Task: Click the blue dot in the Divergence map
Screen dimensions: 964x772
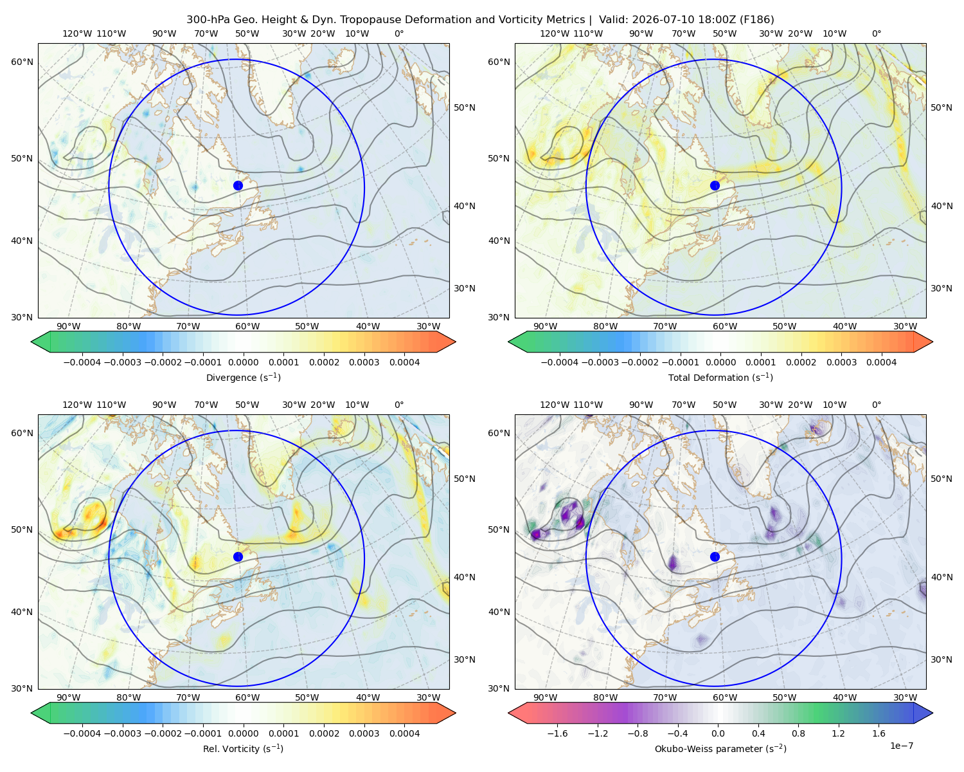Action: (x=238, y=186)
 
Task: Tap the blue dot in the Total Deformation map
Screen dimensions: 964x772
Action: (x=715, y=186)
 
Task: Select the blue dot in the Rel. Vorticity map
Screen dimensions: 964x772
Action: (x=238, y=556)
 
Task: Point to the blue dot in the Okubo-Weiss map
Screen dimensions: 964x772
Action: (x=715, y=556)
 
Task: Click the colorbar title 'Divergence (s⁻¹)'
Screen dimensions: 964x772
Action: (x=243, y=378)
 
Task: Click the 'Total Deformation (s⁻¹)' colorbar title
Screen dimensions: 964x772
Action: (x=720, y=378)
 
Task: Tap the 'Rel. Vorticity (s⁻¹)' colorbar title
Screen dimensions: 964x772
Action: (x=243, y=749)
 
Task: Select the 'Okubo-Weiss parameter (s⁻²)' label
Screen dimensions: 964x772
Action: (x=720, y=749)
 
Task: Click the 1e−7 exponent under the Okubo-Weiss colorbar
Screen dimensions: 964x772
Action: (x=901, y=746)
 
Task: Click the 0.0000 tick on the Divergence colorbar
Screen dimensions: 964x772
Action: (x=243, y=362)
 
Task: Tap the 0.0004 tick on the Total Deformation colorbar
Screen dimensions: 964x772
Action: (x=881, y=362)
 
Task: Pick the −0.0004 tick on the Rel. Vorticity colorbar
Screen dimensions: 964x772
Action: (x=82, y=733)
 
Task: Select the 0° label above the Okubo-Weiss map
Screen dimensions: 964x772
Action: (x=876, y=405)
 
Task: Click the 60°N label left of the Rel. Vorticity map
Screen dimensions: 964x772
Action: (x=22, y=434)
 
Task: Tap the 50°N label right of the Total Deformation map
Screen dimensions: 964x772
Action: (x=941, y=107)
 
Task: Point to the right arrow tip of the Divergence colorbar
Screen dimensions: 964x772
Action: (x=456, y=342)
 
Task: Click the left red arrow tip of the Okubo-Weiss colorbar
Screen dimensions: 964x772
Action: (x=508, y=713)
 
